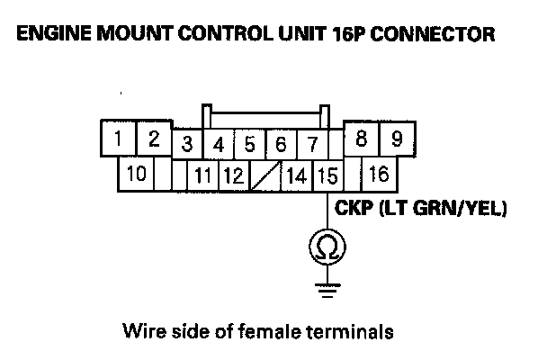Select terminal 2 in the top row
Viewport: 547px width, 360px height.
(x=153, y=139)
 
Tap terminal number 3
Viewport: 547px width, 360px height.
(x=187, y=144)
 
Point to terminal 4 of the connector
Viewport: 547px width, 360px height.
(x=219, y=144)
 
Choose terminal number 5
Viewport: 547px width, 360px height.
(x=250, y=144)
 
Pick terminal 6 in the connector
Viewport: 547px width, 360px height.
(x=281, y=144)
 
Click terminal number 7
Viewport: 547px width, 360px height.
(x=311, y=144)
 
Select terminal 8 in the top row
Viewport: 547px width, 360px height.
(x=362, y=139)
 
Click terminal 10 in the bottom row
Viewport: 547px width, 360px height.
(x=137, y=173)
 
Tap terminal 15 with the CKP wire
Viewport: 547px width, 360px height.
(x=326, y=175)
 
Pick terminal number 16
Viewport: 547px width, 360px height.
(x=380, y=173)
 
